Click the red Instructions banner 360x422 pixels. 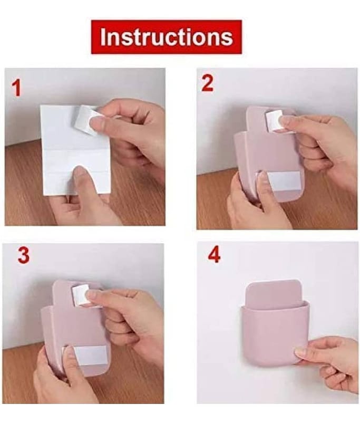click(166, 37)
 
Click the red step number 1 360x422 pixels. click(16, 89)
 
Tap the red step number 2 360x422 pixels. click(207, 83)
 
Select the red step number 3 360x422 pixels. click(23, 255)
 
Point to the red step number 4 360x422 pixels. click(214, 255)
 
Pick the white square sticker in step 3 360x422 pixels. click(81, 295)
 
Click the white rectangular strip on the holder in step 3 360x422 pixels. click(89, 355)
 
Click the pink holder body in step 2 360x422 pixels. click(269, 154)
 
